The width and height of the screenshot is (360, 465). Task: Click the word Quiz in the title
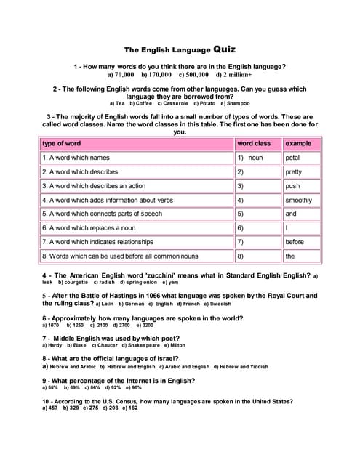(x=225, y=50)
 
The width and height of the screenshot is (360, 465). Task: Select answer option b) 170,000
(x=156, y=74)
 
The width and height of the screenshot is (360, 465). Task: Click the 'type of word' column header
(x=61, y=144)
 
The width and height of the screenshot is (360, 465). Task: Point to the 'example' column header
(x=299, y=144)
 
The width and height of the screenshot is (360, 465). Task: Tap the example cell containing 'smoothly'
(x=298, y=200)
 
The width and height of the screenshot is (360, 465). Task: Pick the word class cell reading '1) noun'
(x=250, y=158)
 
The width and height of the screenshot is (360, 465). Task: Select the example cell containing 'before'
(x=295, y=242)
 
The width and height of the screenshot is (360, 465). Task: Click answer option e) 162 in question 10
(x=129, y=408)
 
